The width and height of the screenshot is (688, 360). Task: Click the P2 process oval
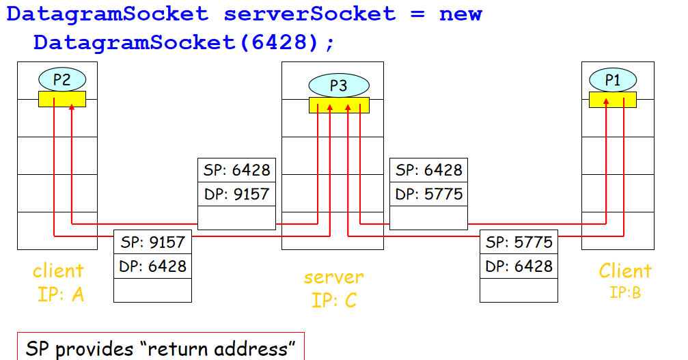click(x=61, y=80)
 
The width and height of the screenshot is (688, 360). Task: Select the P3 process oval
click(x=338, y=85)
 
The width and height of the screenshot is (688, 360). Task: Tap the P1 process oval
click(x=612, y=80)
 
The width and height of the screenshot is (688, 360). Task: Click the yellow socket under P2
click(x=62, y=99)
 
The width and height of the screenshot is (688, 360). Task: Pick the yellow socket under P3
click(x=339, y=105)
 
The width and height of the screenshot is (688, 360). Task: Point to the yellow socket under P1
click(x=612, y=100)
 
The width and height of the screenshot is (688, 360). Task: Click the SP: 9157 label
click(x=152, y=242)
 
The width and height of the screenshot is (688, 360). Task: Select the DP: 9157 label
click(x=236, y=194)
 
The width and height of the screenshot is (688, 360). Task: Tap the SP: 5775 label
click(x=519, y=242)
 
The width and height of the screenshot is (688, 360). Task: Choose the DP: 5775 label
click(x=428, y=194)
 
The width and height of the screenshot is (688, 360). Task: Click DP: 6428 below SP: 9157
click(x=152, y=266)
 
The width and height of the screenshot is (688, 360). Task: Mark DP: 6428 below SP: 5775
click(x=519, y=266)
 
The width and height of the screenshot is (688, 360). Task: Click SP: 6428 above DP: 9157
click(x=236, y=170)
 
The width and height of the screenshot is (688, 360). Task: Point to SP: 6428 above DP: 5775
click(x=428, y=170)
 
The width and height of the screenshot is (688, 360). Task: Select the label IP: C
click(x=334, y=299)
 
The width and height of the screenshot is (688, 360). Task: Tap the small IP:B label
click(x=625, y=293)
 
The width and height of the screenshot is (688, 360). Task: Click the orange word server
click(x=333, y=277)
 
